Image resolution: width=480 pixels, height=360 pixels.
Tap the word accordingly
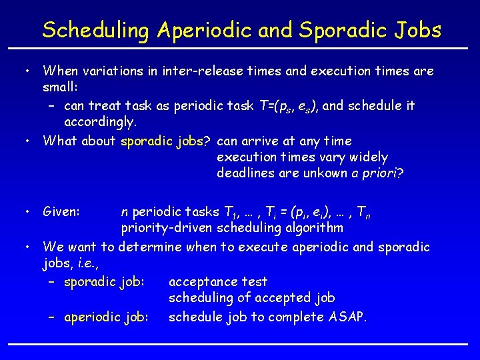coord(100,123)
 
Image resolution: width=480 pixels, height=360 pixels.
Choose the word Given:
coord(61,212)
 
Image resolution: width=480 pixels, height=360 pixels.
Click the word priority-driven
coord(167,229)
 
